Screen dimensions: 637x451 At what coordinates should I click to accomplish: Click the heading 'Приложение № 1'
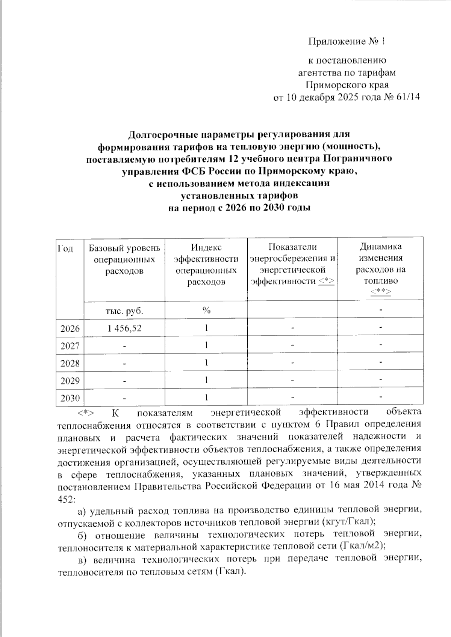[x=347, y=41]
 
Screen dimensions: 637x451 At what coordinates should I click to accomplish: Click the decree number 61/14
[x=407, y=97]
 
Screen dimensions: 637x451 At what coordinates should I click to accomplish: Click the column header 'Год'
[x=66, y=248]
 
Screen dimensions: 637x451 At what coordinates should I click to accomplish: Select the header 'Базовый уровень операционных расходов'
[x=124, y=259]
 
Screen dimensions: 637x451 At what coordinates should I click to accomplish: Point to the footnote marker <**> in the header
[x=381, y=292]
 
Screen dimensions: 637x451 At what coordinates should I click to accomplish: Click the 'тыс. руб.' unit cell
[x=124, y=311]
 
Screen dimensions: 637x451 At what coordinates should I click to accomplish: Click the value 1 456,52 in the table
[x=124, y=328]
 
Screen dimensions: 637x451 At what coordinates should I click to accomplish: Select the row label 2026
[x=70, y=328]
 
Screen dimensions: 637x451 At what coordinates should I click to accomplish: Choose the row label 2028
[x=70, y=363]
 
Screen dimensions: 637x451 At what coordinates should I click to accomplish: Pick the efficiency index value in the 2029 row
[x=206, y=380]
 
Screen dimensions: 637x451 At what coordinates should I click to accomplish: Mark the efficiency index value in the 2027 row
[x=206, y=345]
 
